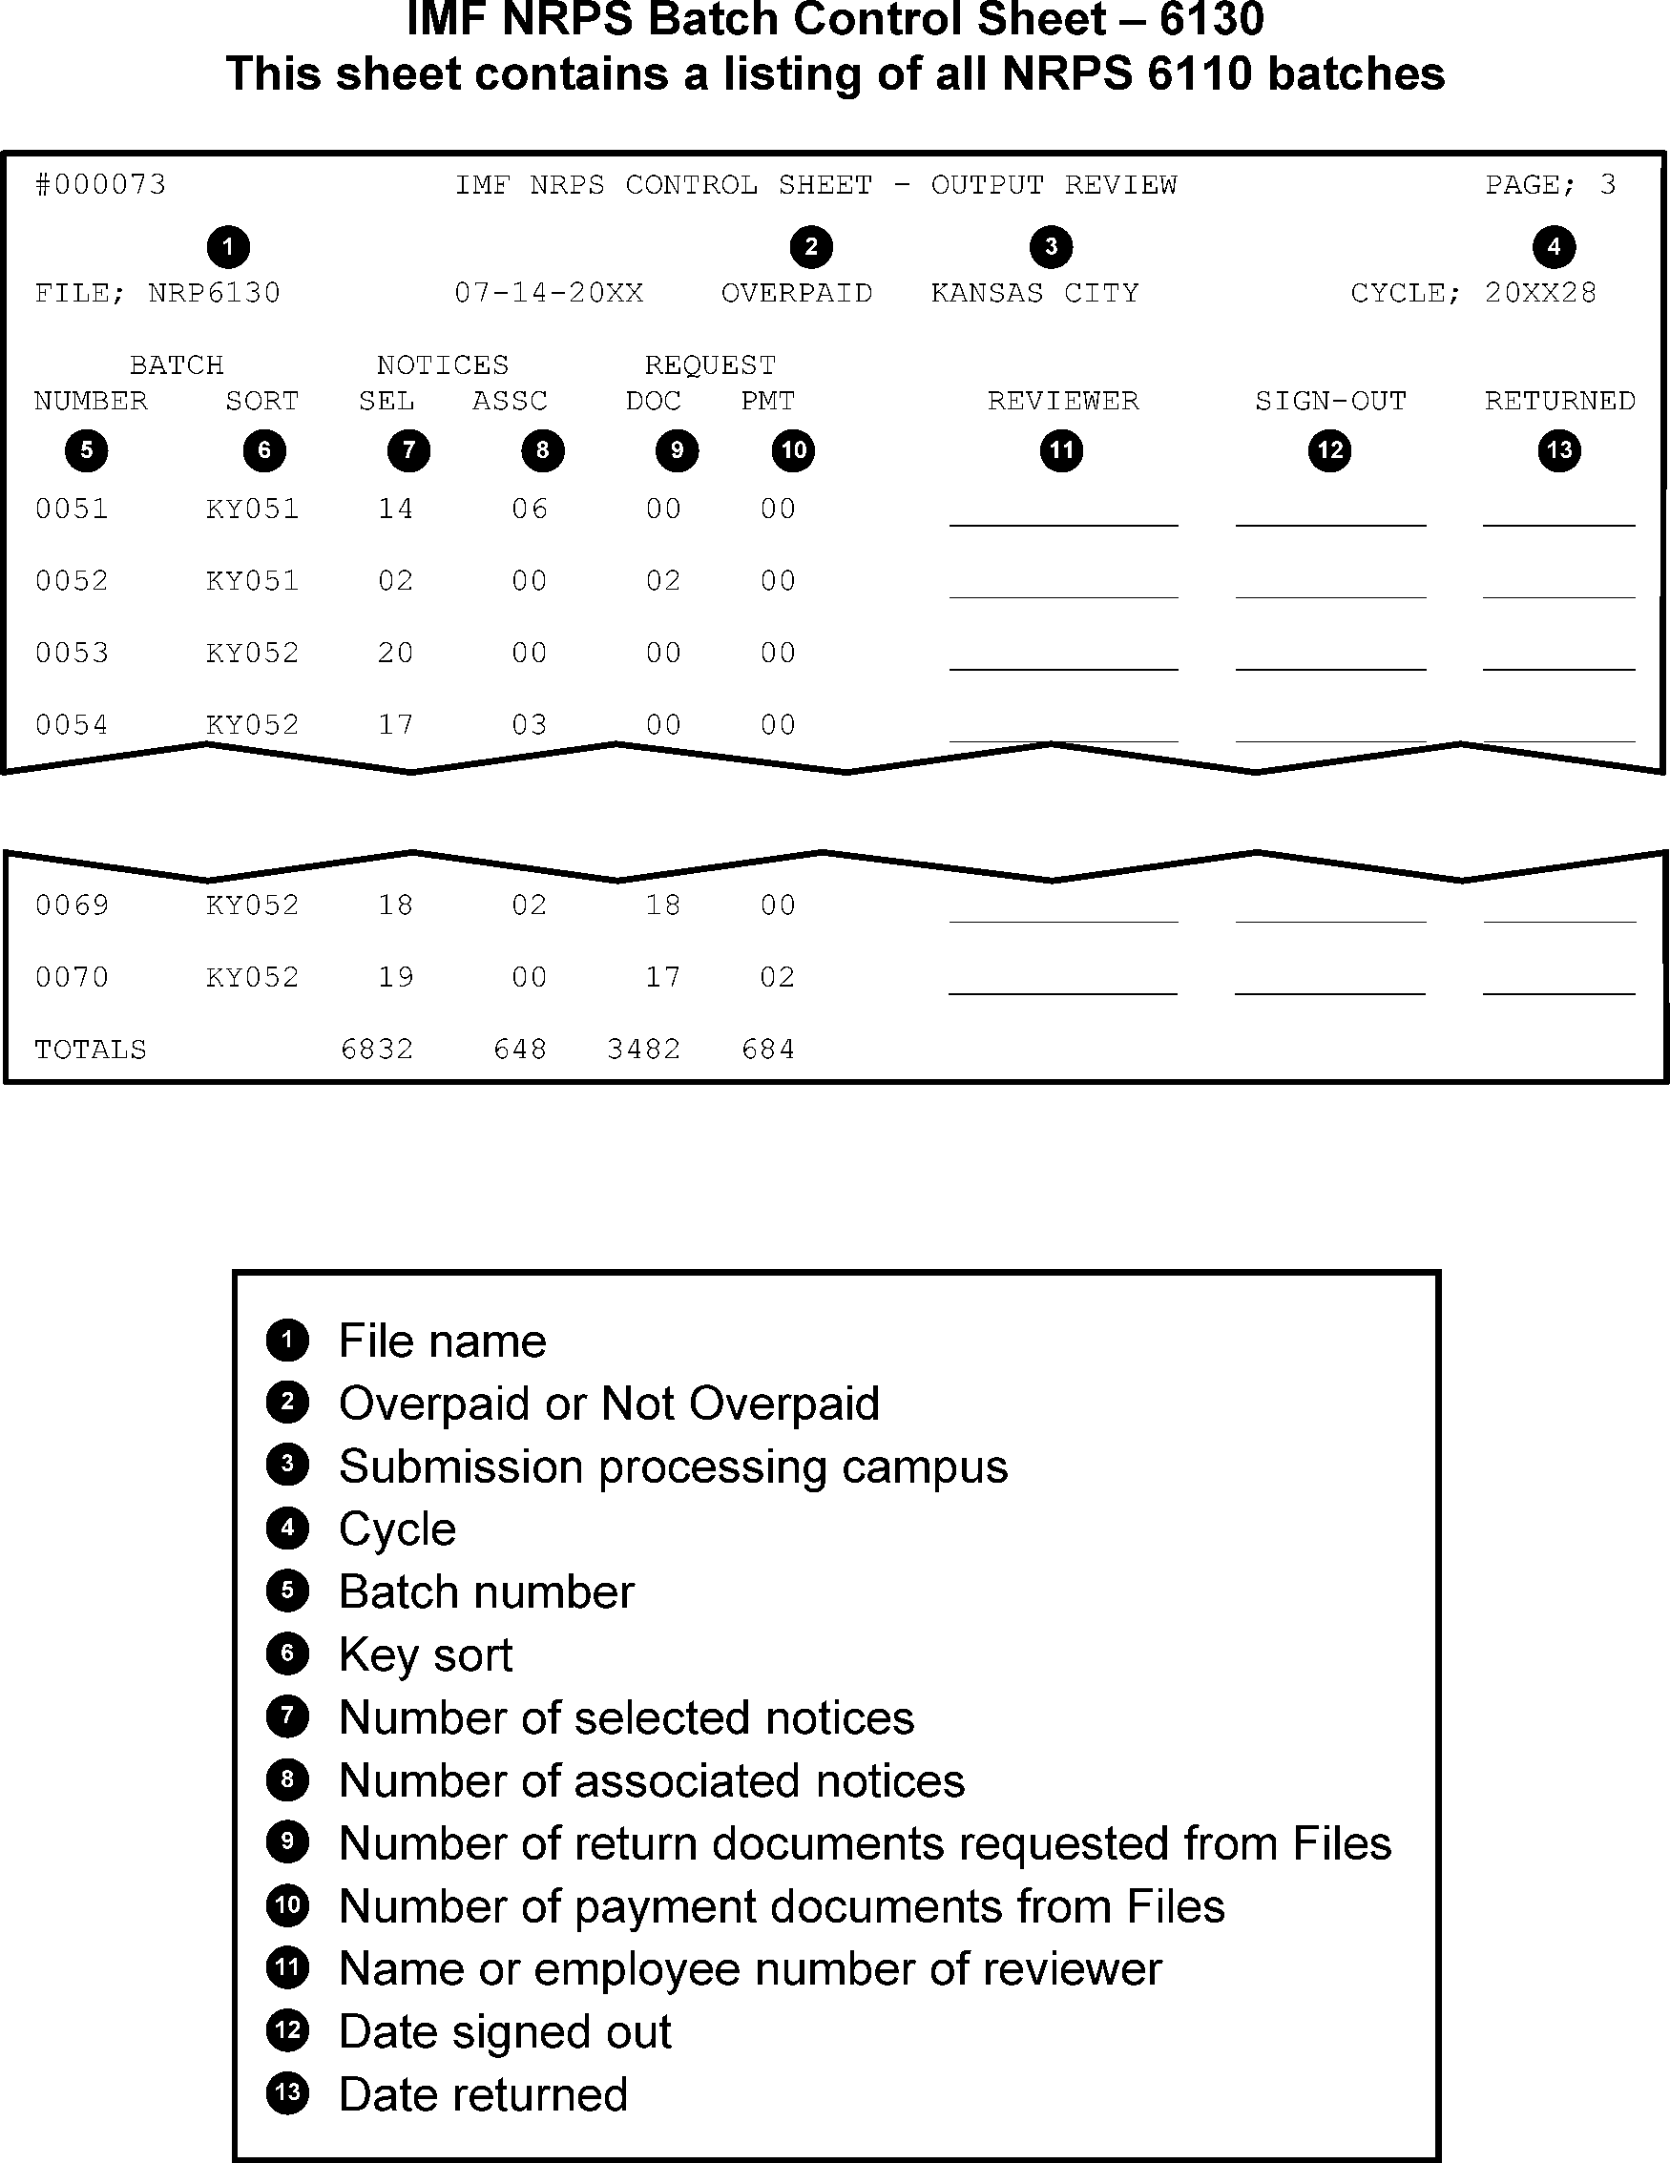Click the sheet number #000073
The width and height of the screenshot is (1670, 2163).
coord(100,185)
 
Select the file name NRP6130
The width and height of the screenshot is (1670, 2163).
coord(214,293)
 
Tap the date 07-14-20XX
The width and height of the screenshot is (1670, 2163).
coord(549,293)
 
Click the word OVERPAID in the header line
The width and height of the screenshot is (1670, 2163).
coord(797,293)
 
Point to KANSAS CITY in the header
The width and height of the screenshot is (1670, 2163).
coord(1034,293)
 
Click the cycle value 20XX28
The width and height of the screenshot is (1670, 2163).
coord(1540,293)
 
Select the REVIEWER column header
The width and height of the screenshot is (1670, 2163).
coord(1063,401)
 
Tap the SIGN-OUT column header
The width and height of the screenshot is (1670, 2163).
coord(1330,401)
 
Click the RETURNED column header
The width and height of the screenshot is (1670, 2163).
coord(1559,401)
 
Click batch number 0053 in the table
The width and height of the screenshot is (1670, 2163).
coord(72,654)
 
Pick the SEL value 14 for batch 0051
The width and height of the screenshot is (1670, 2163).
coord(395,510)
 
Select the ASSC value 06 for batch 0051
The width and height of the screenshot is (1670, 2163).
coord(529,510)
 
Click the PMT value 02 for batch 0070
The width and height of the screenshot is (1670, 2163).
coord(778,978)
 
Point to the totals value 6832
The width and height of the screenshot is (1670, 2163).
coord(376,1050)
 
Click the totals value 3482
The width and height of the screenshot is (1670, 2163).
coord(644,1050)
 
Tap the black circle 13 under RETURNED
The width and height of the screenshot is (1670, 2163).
coord(1559,450)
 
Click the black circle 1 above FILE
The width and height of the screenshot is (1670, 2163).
coord(228,246)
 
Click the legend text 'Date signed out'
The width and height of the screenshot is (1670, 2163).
coord(504,2032)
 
